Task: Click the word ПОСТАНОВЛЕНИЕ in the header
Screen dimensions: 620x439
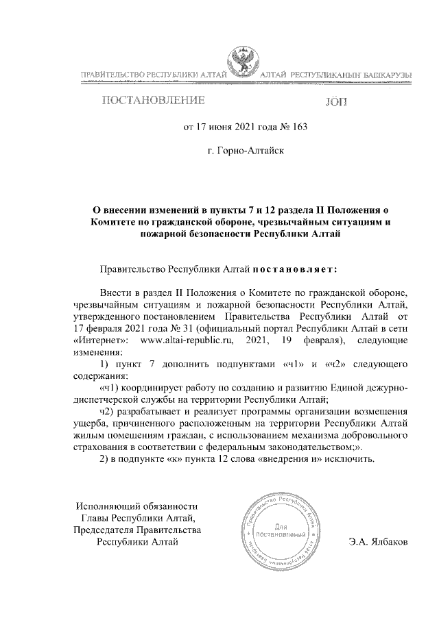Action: pyautogui.click(x=153, y=102)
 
